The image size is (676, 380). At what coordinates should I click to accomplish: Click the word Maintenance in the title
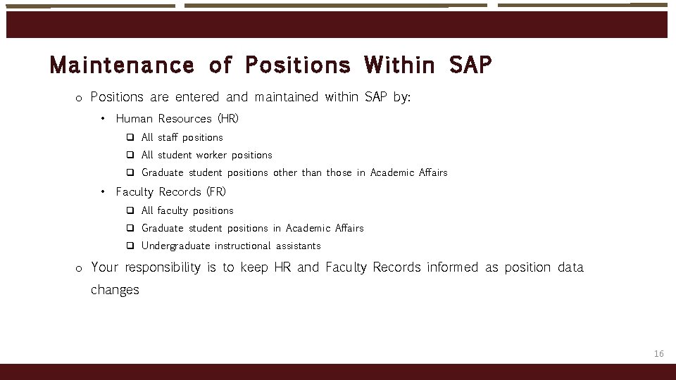[x=121, y=65]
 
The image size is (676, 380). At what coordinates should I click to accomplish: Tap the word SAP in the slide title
[x=470, y=65]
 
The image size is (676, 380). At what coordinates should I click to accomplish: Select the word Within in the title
[x=400, y=65]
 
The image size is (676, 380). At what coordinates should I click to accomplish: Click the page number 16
[x=658, y=353]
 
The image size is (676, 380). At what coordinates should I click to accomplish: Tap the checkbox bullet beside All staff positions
[x=130, y=137]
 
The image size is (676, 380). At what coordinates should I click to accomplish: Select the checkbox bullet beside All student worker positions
[x=130, y=155]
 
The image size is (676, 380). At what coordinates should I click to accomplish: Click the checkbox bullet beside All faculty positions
[x=130, y=210]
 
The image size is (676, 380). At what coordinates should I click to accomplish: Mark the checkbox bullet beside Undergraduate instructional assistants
[x=130, y=246]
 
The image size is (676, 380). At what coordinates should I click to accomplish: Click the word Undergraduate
[x=175, y=246]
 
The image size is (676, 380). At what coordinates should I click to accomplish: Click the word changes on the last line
[x=115, y=290]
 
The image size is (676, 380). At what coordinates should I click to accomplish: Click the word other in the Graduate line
[x=285, y=172]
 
